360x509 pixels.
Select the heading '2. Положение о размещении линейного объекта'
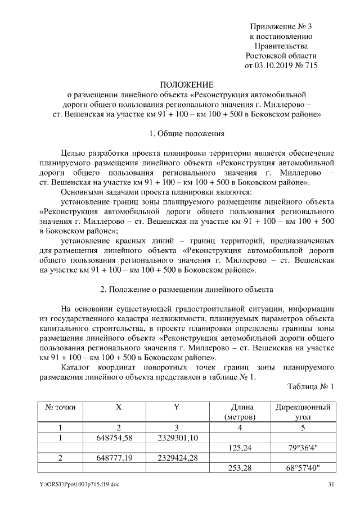point(187,290)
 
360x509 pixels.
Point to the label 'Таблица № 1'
point(310,387)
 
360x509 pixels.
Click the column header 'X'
point(118,407)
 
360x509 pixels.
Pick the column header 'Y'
point(177,407)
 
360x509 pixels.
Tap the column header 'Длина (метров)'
point(239,412)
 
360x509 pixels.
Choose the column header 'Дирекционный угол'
point(301,412)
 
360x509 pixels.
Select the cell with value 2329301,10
point(177,438)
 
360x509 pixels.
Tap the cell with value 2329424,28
point(177,458)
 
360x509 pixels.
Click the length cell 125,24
point(239,448)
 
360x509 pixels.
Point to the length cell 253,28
point(239,468)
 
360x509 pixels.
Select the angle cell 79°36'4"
point(301,448)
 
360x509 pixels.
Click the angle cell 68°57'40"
point(301,468)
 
